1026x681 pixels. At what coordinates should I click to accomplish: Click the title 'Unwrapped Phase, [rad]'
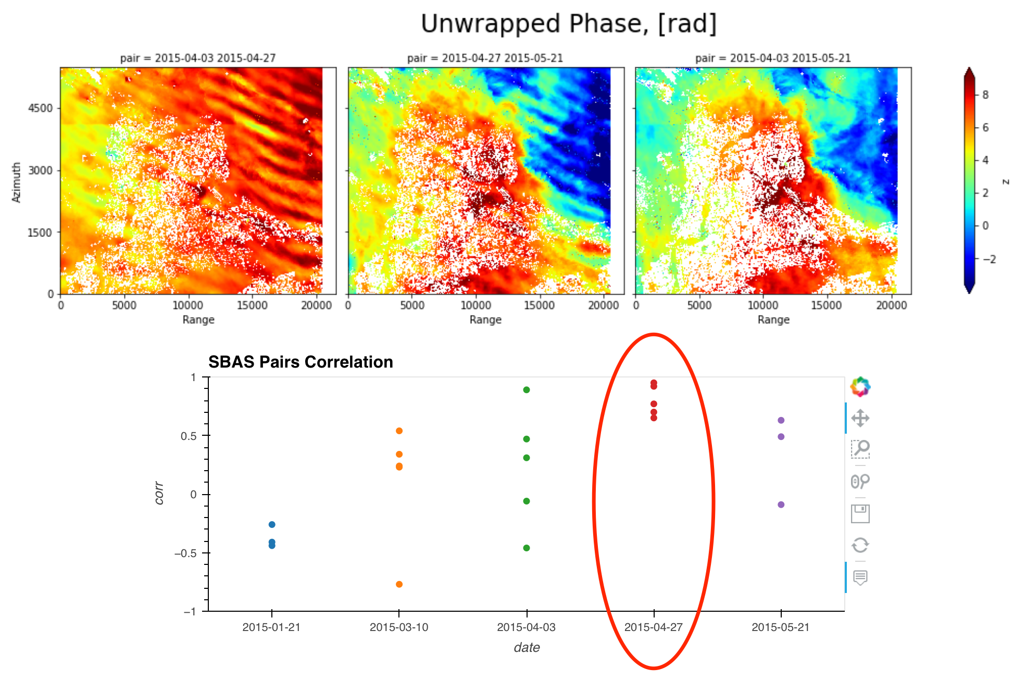click(568, 24)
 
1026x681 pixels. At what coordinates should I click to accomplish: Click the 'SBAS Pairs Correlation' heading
click(301, 362)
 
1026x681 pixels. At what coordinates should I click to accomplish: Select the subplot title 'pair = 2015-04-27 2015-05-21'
click(485, 58)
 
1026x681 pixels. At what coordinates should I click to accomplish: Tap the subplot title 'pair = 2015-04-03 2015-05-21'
click(773, 58)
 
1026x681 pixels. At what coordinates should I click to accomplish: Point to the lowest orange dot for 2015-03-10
click(399, 584)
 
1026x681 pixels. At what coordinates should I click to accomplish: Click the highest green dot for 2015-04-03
click(527, 390)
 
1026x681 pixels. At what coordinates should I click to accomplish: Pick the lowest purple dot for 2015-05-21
click(781, 505)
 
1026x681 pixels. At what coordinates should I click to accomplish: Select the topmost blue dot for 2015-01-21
click(272, 524)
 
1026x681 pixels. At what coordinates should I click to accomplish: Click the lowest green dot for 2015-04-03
click(527, 548)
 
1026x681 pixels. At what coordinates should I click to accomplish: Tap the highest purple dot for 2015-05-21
click(781, 420)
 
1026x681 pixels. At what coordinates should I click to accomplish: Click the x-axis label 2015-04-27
click(653, 627)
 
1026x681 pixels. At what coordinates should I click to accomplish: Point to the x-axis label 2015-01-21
click(271, 627)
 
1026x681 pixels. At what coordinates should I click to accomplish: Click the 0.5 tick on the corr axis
click(189, 436)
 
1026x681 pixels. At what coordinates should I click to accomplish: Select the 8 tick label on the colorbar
click(985, 95)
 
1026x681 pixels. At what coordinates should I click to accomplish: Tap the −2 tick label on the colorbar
click(989, 259)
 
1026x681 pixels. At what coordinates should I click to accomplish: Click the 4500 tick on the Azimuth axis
click(40, 108)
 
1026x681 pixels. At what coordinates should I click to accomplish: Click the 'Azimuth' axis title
click(17, 182)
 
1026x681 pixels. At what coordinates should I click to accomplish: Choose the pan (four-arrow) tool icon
click(860, 418)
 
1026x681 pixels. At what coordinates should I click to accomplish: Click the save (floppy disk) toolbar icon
click(860, 514)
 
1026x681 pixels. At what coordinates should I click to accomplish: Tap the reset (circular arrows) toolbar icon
click(860, 546)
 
